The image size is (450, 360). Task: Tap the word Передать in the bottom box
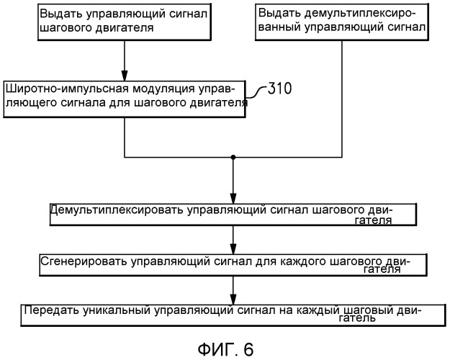coord(48,310)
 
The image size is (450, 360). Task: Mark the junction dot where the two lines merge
coord(233,156)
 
